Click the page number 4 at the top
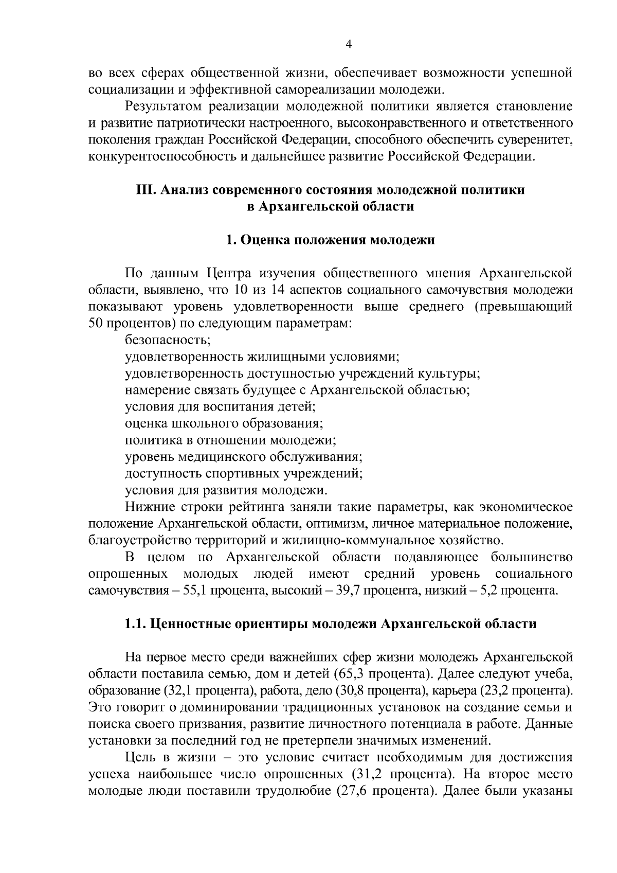click(349, 45)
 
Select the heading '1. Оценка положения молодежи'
click(330, 240)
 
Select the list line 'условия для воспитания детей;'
click(220, 406)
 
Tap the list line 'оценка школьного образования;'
click(224, 423)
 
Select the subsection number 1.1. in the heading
click(136, 624)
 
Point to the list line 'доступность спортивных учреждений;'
click(244, 473)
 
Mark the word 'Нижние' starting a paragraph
click(149, 507)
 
